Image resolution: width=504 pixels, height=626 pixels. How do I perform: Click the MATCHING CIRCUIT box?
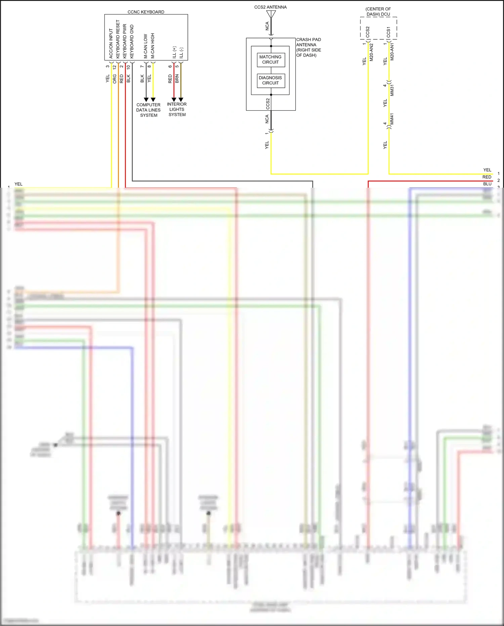click(270, 60)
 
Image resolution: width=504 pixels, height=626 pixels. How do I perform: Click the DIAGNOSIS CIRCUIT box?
click(270, 80)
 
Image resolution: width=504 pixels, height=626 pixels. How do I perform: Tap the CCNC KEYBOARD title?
click(146, 12)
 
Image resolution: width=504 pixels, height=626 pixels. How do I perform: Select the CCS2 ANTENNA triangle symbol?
click(271, 14)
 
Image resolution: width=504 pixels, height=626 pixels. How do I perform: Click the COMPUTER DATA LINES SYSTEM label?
click(149, 110)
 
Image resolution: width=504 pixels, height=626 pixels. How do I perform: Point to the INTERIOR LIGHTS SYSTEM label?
click(177, 109)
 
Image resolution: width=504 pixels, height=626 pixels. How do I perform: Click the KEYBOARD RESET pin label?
click(118, 39)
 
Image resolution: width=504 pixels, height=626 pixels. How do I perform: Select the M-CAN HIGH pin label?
click(153, 46)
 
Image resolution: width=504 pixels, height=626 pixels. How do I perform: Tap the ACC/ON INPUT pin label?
click(111, 43)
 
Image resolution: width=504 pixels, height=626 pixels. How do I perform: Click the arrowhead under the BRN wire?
click(181, 100)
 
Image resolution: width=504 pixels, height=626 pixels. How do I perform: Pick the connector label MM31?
click(392, 90)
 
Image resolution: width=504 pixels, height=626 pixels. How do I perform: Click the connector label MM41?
click(392, 119)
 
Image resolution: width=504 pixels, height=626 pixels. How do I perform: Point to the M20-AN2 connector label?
click(372, 52)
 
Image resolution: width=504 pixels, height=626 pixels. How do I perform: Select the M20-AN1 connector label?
click(392, 51)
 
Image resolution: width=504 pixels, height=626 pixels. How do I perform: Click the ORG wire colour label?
click(115, 79)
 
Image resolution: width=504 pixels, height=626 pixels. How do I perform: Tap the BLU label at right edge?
click(487, 184)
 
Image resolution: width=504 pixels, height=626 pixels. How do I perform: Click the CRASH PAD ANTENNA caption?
click(308, 47)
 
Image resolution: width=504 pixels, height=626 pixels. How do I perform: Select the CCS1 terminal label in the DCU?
click(388, 32)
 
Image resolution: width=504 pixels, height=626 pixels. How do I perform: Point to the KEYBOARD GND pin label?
click(132, 41)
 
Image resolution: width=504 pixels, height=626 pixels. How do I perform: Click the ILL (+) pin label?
click(174, 52)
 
